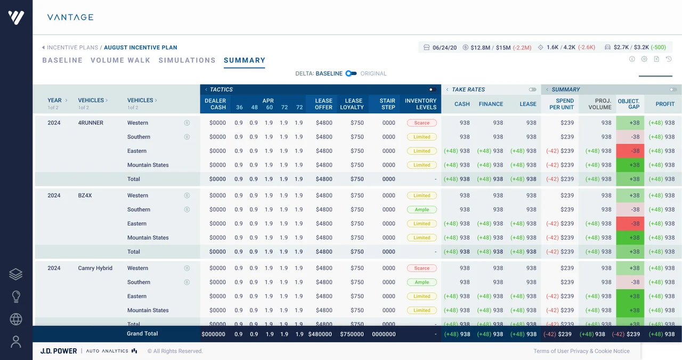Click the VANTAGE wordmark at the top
70,18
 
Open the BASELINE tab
62,60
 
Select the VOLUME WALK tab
120,60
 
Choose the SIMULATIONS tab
187,60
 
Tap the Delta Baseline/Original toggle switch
351,73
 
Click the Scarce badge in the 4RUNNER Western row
421,123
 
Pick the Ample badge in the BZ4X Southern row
421,210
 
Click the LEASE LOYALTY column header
352,104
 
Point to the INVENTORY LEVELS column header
420,104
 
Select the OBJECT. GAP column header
628,104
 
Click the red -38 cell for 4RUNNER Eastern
630,151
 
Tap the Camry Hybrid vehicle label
95,268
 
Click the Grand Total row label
142,333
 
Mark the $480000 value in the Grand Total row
320,334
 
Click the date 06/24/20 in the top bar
444,47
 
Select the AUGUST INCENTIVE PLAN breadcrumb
141,47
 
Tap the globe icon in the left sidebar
16,319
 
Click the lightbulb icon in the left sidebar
16,297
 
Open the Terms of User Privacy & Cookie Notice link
581,351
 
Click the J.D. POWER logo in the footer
59,351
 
